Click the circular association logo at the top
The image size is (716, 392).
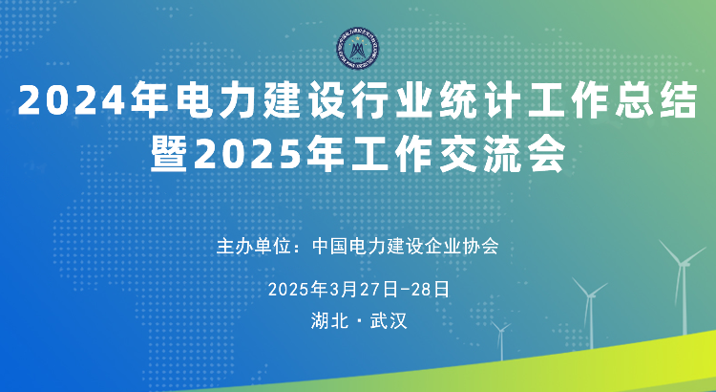(358, 50)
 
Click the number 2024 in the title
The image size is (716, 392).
(72, 100)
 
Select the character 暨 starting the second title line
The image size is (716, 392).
(169, 156)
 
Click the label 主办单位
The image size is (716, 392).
(253, 247)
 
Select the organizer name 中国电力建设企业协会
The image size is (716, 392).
(406, 247)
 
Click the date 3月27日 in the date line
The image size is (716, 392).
(365, 290)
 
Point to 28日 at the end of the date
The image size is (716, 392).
(431, 290)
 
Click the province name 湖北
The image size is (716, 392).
(329, 320)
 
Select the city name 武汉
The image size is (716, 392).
(389, 320)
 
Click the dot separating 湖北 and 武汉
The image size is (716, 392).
(359, 321)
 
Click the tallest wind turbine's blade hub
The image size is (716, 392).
(682, 263)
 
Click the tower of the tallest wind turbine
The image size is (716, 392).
(684, 299)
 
